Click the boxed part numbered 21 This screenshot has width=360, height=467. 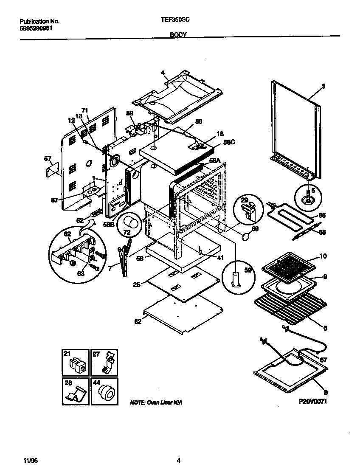pyautogui.click(x=76, y=363)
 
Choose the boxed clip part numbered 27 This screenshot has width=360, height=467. pyautogui.click(x=105, y=363)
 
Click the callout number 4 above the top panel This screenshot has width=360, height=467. pyautogui.click(x=163, y=73)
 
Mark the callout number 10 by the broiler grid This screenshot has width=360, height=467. pyautogui.click(x=323, y=256)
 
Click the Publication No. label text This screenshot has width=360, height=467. pyautogui.click(x=39, y=21)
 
